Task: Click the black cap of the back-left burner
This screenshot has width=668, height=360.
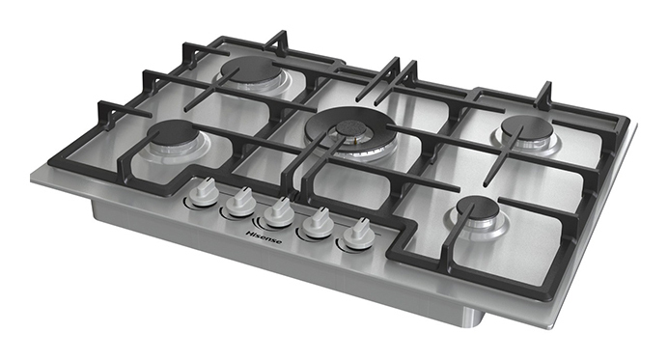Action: [251, 69]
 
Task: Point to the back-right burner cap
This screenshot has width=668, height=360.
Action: [527, 127]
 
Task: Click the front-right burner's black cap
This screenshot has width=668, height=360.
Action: [478, 209]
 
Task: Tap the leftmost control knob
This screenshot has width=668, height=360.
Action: [204, 194]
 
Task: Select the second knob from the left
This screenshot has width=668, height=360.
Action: [240, 204]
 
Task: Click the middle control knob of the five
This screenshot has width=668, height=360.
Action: [279, 214]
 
